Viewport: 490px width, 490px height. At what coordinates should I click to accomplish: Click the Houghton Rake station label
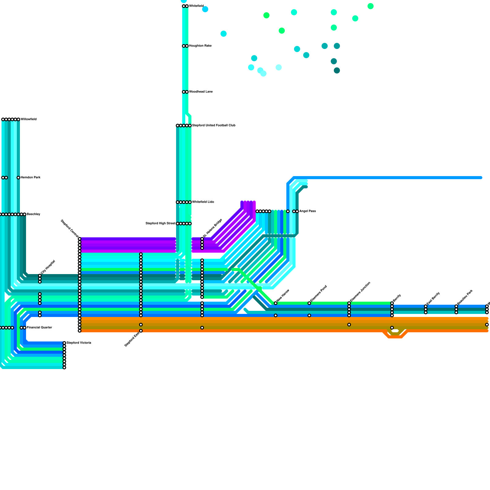pos(200,46)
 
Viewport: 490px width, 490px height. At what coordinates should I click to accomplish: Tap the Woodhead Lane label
pos(201,92)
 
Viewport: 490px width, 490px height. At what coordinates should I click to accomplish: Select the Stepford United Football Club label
pos(214,126)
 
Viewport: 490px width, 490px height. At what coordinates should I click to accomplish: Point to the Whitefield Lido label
pos(203,202)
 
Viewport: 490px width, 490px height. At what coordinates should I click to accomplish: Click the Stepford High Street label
pos(160,224)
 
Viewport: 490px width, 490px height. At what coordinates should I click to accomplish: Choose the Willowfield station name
pos(28,119)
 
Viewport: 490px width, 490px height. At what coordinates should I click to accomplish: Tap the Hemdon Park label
pos(31,178)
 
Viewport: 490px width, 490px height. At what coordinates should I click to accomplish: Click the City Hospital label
pos(48,267)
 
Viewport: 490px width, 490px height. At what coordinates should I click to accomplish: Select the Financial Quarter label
pos(40,328)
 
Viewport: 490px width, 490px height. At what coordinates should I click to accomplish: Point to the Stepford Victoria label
pos(79,343)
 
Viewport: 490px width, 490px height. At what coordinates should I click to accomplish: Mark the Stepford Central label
pos(70,228)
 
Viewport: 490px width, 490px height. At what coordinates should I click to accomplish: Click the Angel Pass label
pos(307,211)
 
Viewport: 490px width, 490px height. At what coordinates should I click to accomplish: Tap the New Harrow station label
pos(283,295)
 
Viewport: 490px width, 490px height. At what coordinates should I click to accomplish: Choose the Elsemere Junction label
pos(360,291)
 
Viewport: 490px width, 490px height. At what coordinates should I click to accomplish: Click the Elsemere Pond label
pos(318,293)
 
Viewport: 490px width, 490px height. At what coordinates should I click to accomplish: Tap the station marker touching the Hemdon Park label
pos(18,178)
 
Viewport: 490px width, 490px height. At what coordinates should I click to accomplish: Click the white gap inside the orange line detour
pos(395,331)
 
